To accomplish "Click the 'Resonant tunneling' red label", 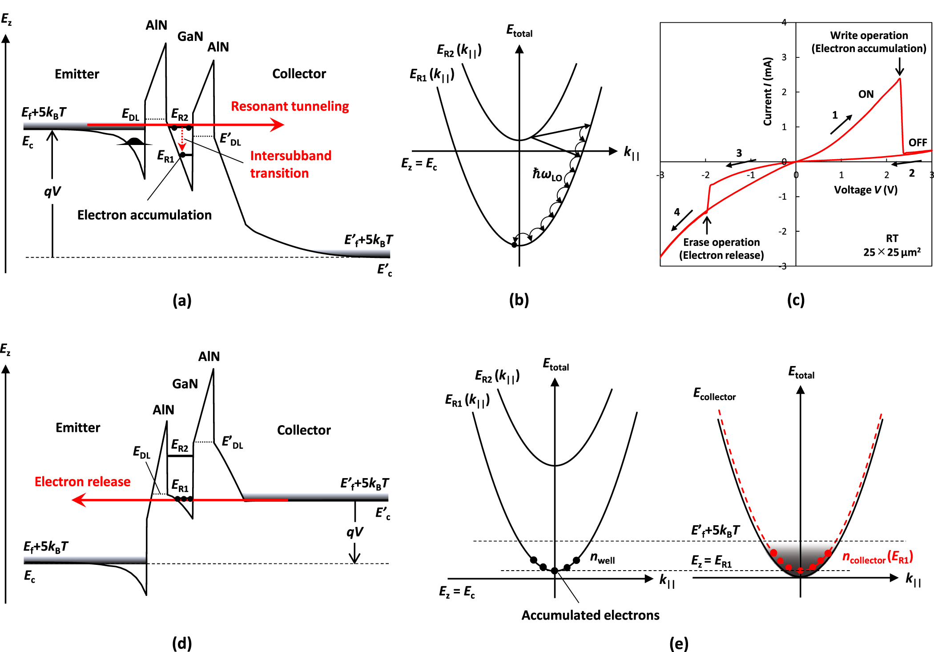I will click(290, 106).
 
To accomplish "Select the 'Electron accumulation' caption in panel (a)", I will click(144, 215).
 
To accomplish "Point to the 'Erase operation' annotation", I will click(721, 249).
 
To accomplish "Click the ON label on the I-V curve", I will click(866, 94).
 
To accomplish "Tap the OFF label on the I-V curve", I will click(918, 142).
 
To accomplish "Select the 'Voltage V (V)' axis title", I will click(865, 190).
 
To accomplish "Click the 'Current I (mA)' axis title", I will click(768, 92).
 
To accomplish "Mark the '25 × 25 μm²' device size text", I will click(892, 252).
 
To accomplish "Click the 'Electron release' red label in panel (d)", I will click(82, 482).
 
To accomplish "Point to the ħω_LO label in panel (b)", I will click(547, 174).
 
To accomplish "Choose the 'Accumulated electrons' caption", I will click(590, 615).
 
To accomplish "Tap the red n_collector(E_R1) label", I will click(877, 557).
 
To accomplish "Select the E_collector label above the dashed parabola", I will click(714, 394).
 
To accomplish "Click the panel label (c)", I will click(796, 300).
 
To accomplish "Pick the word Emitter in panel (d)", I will click(78, 427).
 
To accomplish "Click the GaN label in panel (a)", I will click(190, 36).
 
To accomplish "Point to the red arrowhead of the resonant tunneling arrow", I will click(278, 125).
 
